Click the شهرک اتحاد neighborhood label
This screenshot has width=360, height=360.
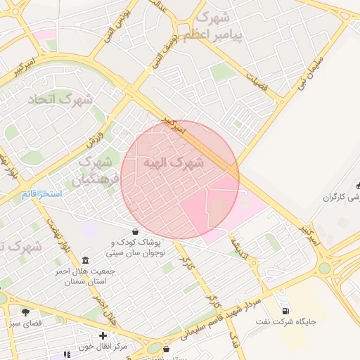60,100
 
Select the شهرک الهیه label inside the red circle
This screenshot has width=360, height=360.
173,163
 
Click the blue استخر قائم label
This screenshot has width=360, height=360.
41,193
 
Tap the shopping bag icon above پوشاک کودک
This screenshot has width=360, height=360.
135,231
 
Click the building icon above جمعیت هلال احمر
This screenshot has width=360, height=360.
85,259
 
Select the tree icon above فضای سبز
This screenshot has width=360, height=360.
26,311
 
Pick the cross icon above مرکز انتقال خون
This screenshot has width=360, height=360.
103,335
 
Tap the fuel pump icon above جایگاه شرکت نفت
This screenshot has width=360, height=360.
284,311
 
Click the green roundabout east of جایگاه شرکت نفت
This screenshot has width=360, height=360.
324,267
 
